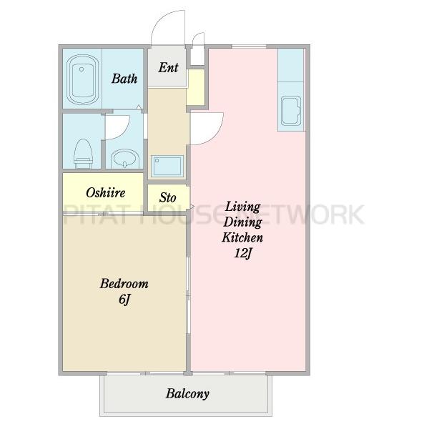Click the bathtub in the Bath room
click(x=82, y=79)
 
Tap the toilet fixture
click(x=83, y=154)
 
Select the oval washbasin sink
click(x=124, y=159)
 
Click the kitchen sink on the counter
click(x=291, y=111)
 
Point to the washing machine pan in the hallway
click(x=167, y=166)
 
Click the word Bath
click(x=124, y=79)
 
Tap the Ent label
click(x=168, y=67)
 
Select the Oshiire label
click(x=105, y=192)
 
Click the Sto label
click(x=168, y=197)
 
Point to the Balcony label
click(x=187, y=394)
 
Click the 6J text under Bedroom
click(x=124, y=299)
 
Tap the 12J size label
click(x=242, y=253)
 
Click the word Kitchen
click(x=242, y=237)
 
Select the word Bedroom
click(x=124, y=283)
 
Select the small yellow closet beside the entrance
click(x=196, y=87)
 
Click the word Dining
click(x=242, y=222)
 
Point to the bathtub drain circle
click(x=82, y=69)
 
